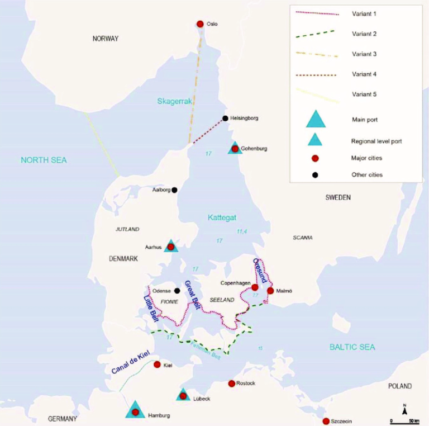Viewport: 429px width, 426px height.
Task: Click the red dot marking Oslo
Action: point(200,24)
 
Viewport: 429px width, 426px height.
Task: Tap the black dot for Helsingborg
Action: point(225,119)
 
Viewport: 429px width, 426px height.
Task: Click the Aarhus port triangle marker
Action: point(171,246)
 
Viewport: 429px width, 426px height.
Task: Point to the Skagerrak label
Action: point(174,100)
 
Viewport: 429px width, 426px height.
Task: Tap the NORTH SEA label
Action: point(44,160)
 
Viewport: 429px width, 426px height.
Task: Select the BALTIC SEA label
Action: point(352,347)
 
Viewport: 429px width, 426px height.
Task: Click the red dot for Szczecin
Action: point(326,421)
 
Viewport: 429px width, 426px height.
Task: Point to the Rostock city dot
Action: point(232,384)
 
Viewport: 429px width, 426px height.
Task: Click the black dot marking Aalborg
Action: point(174,190)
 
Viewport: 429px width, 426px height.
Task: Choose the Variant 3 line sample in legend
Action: point(316,54)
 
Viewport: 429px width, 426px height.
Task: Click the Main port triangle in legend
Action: point(316,119)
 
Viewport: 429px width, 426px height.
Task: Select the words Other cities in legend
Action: point(367,175)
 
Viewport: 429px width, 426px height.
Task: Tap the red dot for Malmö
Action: point(270,291)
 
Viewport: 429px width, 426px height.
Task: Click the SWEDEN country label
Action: point(337,197)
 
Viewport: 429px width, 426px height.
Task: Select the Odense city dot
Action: point(177,291)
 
